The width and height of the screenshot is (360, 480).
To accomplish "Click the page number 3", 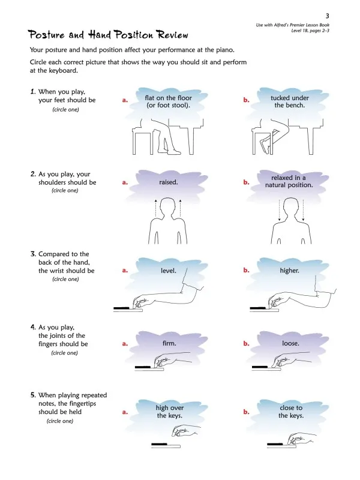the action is point(327,16).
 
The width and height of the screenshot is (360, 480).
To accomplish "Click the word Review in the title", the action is point(173,35).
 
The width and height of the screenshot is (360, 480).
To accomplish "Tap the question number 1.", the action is point(33,92).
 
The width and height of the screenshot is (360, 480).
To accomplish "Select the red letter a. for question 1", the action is point(125,100).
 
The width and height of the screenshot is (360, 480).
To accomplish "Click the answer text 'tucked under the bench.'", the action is point(290,101).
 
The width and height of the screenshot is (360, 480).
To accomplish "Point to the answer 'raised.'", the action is point(168,182).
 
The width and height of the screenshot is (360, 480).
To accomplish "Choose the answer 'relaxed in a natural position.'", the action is point(289,181).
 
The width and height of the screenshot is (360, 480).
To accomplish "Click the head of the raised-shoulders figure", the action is point(168,207).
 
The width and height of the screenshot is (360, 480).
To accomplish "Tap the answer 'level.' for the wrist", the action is point(169,271).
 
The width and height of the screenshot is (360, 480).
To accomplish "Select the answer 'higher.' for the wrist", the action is point(289,271).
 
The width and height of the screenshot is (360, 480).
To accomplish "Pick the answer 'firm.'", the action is point(169,343).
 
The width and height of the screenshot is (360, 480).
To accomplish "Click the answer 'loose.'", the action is point(290,343).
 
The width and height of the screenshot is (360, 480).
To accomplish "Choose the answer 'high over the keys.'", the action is point(170,412).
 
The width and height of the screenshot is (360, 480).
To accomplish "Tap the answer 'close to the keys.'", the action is point(291,412).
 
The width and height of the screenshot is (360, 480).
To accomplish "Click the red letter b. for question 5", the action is point(246,412).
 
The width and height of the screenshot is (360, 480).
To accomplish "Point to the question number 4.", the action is point(33,327).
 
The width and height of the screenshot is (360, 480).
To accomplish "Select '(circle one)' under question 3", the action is point(65,279).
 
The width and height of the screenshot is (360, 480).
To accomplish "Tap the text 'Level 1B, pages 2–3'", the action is point(310,31).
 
